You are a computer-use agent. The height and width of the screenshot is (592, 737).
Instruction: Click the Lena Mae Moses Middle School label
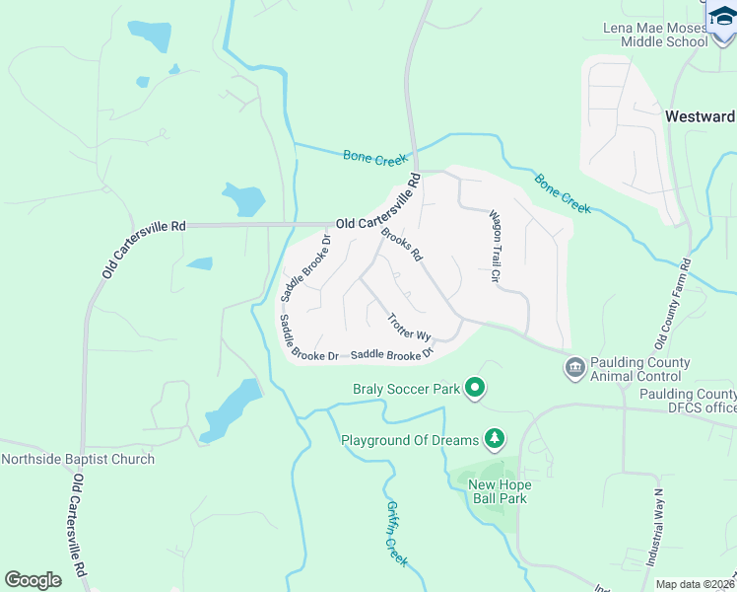662,34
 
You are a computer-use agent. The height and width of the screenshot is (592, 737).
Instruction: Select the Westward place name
700,115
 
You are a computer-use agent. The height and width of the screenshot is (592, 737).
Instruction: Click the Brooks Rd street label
402,245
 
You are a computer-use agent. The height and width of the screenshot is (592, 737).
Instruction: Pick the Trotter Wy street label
410,328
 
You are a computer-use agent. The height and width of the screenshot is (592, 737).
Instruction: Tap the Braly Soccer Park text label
407,389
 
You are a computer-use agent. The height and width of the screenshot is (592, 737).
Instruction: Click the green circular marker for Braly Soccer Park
475,389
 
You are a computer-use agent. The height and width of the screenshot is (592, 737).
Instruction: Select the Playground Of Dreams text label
410,439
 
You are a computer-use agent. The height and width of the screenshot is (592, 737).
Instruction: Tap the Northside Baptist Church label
78,459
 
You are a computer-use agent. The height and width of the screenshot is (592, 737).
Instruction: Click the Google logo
33,580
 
